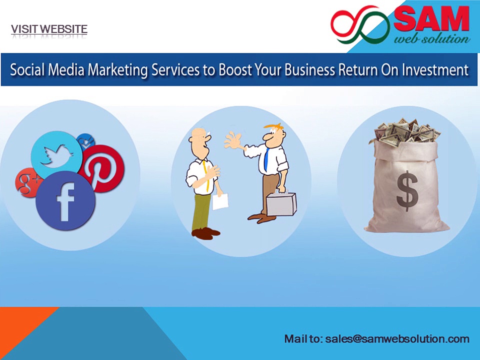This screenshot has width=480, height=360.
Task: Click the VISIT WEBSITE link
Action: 49,29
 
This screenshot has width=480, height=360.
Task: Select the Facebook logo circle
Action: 65,200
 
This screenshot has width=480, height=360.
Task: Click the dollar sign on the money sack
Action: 406,190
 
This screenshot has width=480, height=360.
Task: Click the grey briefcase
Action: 281,204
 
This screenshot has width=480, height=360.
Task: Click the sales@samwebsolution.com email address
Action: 397,339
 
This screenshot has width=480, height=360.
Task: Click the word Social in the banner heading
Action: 28,69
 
